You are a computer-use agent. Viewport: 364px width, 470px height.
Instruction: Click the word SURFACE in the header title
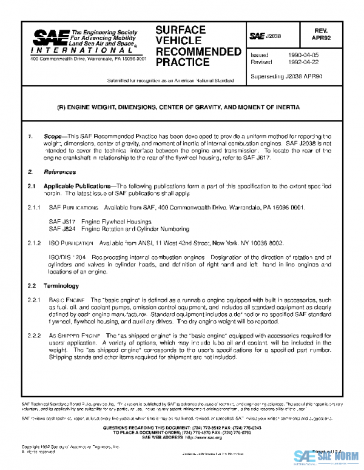click(x=181, y=30)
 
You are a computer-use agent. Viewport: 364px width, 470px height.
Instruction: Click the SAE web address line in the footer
click(x=183, y=437)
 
